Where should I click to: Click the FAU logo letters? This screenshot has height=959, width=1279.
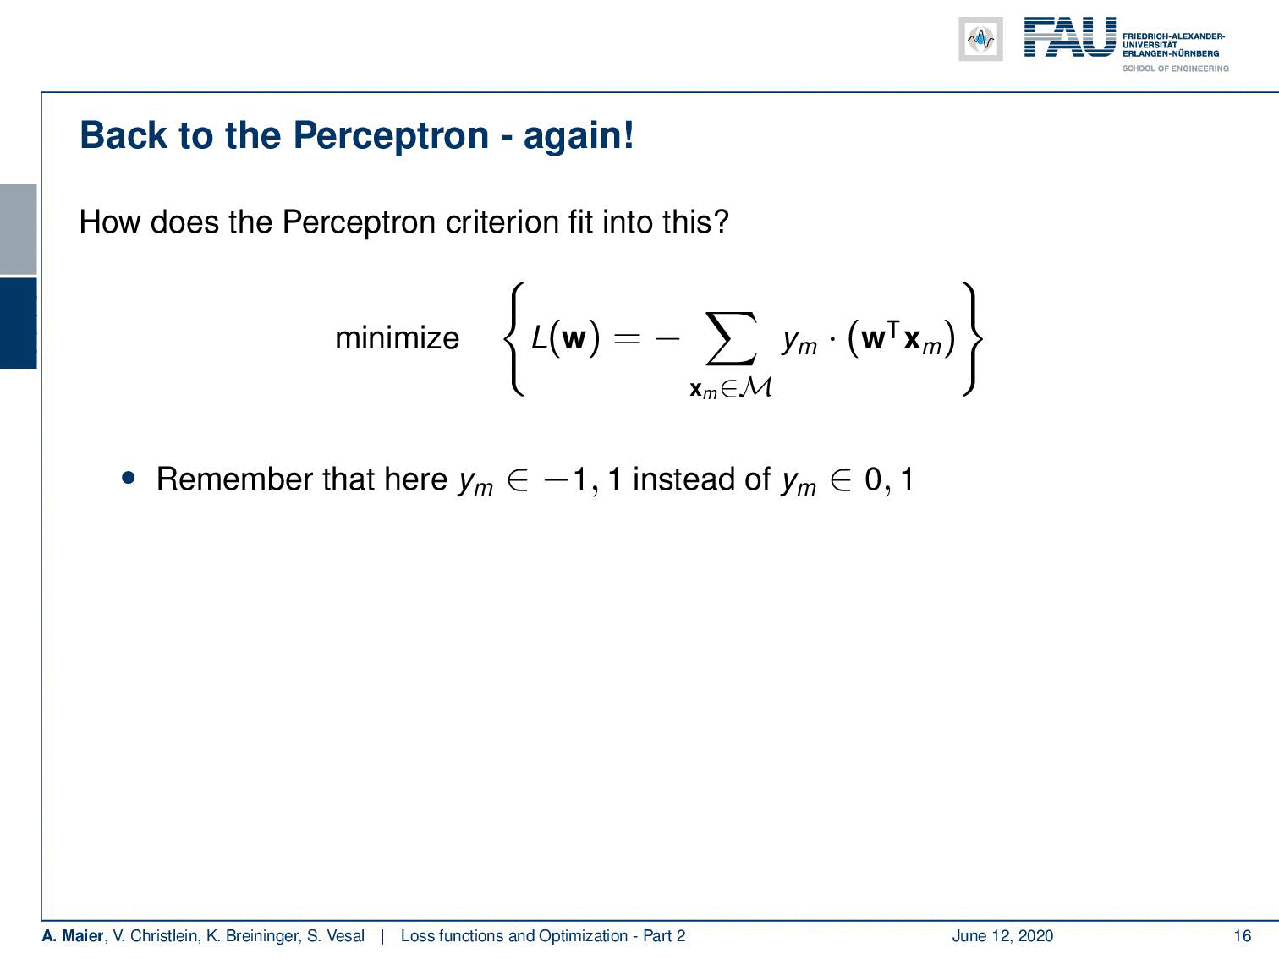click(1070, 37)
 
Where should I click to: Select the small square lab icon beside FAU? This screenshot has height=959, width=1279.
click(980, 39)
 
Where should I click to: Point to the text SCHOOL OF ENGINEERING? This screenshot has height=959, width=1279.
click(1175, 68)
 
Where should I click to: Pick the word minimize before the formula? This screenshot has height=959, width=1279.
click(397, 337)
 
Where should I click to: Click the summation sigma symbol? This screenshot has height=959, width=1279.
click(731, 338)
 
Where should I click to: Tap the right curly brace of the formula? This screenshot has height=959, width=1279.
click(973, 339)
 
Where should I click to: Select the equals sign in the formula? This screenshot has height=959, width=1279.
click(627, 338)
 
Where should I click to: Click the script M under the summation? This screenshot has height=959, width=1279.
click(755, 386)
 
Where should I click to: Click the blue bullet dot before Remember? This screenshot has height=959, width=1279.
click(129, 479)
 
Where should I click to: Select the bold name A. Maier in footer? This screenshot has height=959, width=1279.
click(72, 936)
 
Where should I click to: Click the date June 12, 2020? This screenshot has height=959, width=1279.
click(1002, 936)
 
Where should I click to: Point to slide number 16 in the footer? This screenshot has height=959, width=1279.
click(1243, 936)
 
